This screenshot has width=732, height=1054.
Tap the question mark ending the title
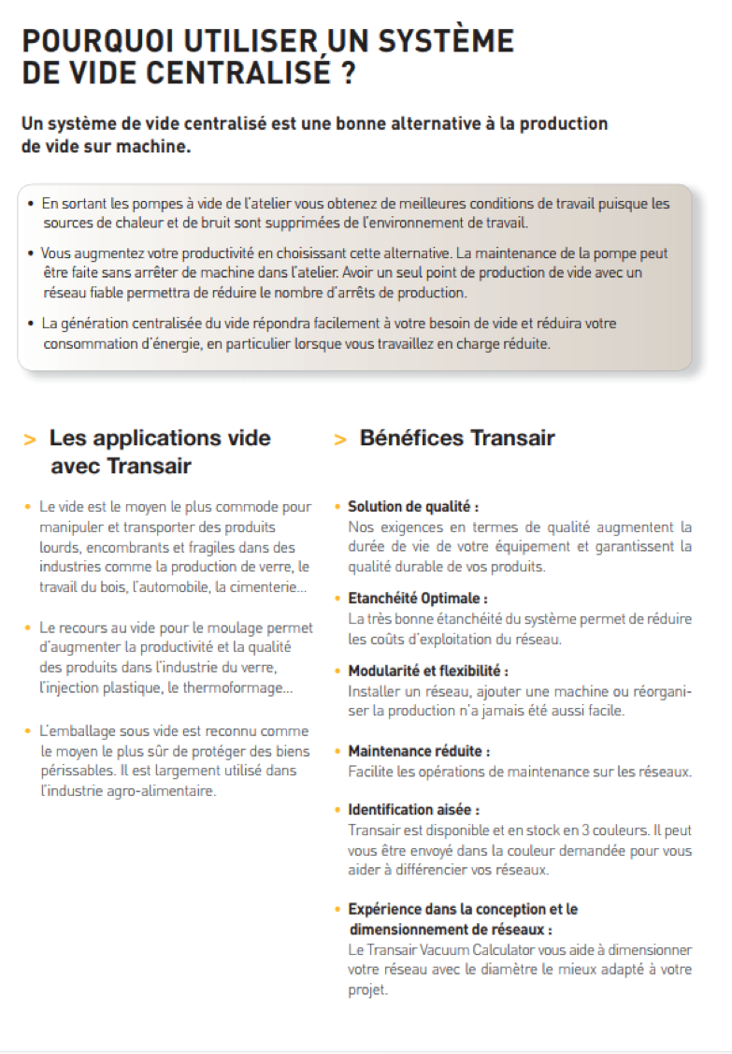(348, 73)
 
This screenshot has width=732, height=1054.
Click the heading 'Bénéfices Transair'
(457, 438)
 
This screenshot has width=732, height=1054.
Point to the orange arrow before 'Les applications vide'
(31, 440)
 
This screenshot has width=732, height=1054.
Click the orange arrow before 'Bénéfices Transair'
(340, 440)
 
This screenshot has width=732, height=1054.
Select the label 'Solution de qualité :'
(413, 507)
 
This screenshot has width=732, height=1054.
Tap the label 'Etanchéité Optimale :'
(418, 598)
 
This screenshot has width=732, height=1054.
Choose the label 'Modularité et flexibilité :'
(428, 671)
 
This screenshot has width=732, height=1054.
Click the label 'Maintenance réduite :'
(419, 751)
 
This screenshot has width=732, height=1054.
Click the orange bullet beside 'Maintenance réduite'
(337, 751)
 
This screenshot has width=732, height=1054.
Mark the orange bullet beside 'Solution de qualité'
(337, 507)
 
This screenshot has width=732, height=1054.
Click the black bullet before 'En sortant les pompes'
(31, 203)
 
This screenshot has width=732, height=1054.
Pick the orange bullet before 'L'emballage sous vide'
(29, 730)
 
